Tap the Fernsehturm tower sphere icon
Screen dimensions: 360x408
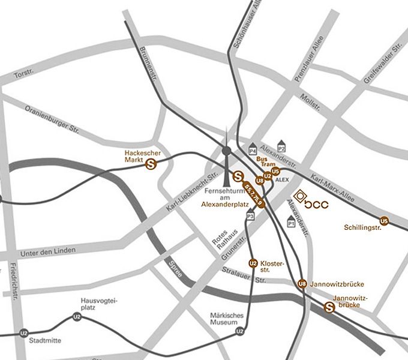pyautogui.click(x=226, y=150)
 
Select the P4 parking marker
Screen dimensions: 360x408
pyautogui.click(x=253, y=150)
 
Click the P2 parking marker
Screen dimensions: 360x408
pyautogui.click(x=281, y=147)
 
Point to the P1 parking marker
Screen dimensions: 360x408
pyautogui.click(x=292, y=223)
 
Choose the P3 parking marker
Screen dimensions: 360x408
pyautogui.click(x=250, y=215)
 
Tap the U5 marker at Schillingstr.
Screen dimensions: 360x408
pyautogui.click(x=384, y=221)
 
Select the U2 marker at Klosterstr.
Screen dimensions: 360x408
pyautogui.click(x=253, y=263)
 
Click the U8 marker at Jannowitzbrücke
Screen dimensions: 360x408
pyautogui.click(x=302, y=284)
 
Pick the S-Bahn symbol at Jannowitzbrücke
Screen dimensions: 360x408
pyautogui.click(x=329, y=307)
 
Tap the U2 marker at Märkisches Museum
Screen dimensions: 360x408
pyautogui.click(x=239, y=331)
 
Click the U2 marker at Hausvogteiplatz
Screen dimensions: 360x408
pyautogui.click(x=77, y=317)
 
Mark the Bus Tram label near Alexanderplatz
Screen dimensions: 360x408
pyautogui.click(x=265, y=161)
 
